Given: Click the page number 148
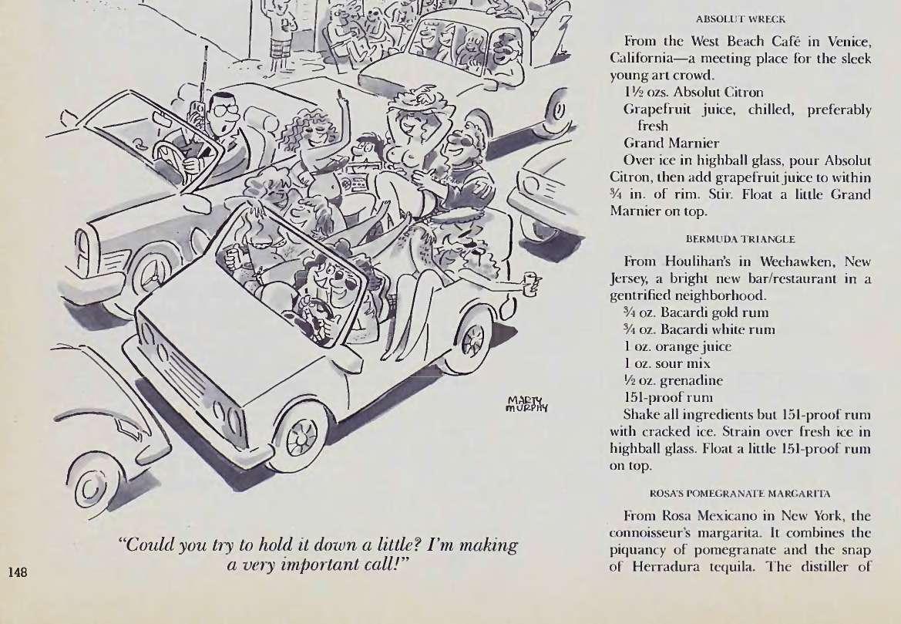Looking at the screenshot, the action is [18, 572].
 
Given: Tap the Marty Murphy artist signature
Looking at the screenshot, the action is [527, 404].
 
